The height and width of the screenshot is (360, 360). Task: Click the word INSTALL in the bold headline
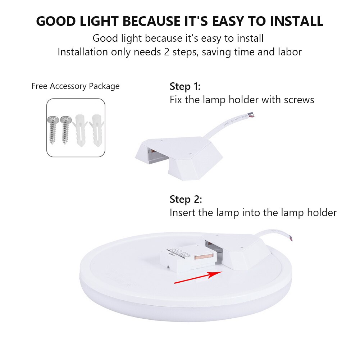pos(296,21)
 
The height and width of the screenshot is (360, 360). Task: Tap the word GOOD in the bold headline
pos(56,21)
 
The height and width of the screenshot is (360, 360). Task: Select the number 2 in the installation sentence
pos(167,52)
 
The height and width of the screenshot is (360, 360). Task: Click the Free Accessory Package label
pos(76,86)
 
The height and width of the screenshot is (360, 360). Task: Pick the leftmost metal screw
pos(53,130)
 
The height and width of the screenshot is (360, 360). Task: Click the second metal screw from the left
pos(65,130)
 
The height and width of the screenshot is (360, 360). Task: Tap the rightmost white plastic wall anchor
pos(97,131)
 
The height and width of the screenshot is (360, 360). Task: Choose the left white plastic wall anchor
pos(80,131)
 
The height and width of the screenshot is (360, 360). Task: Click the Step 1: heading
pos(185,87)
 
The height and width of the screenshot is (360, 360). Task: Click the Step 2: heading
pos(186,199)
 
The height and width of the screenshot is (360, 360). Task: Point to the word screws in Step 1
pos(299,100)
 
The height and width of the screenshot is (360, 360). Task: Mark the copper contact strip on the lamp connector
pos(204,257)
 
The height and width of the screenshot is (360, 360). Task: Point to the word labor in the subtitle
pos(290,52)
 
